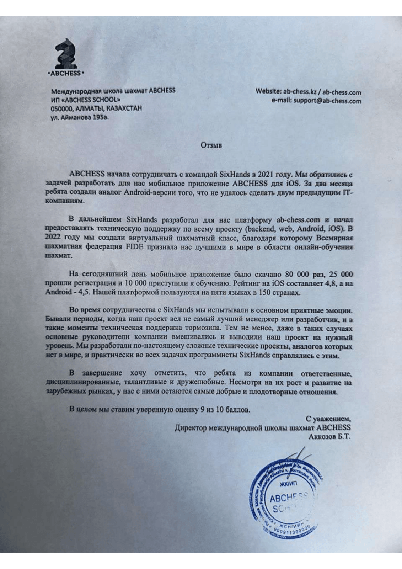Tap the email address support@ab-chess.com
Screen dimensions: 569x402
coord(327,101)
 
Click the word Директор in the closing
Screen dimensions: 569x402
coord(191,428)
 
